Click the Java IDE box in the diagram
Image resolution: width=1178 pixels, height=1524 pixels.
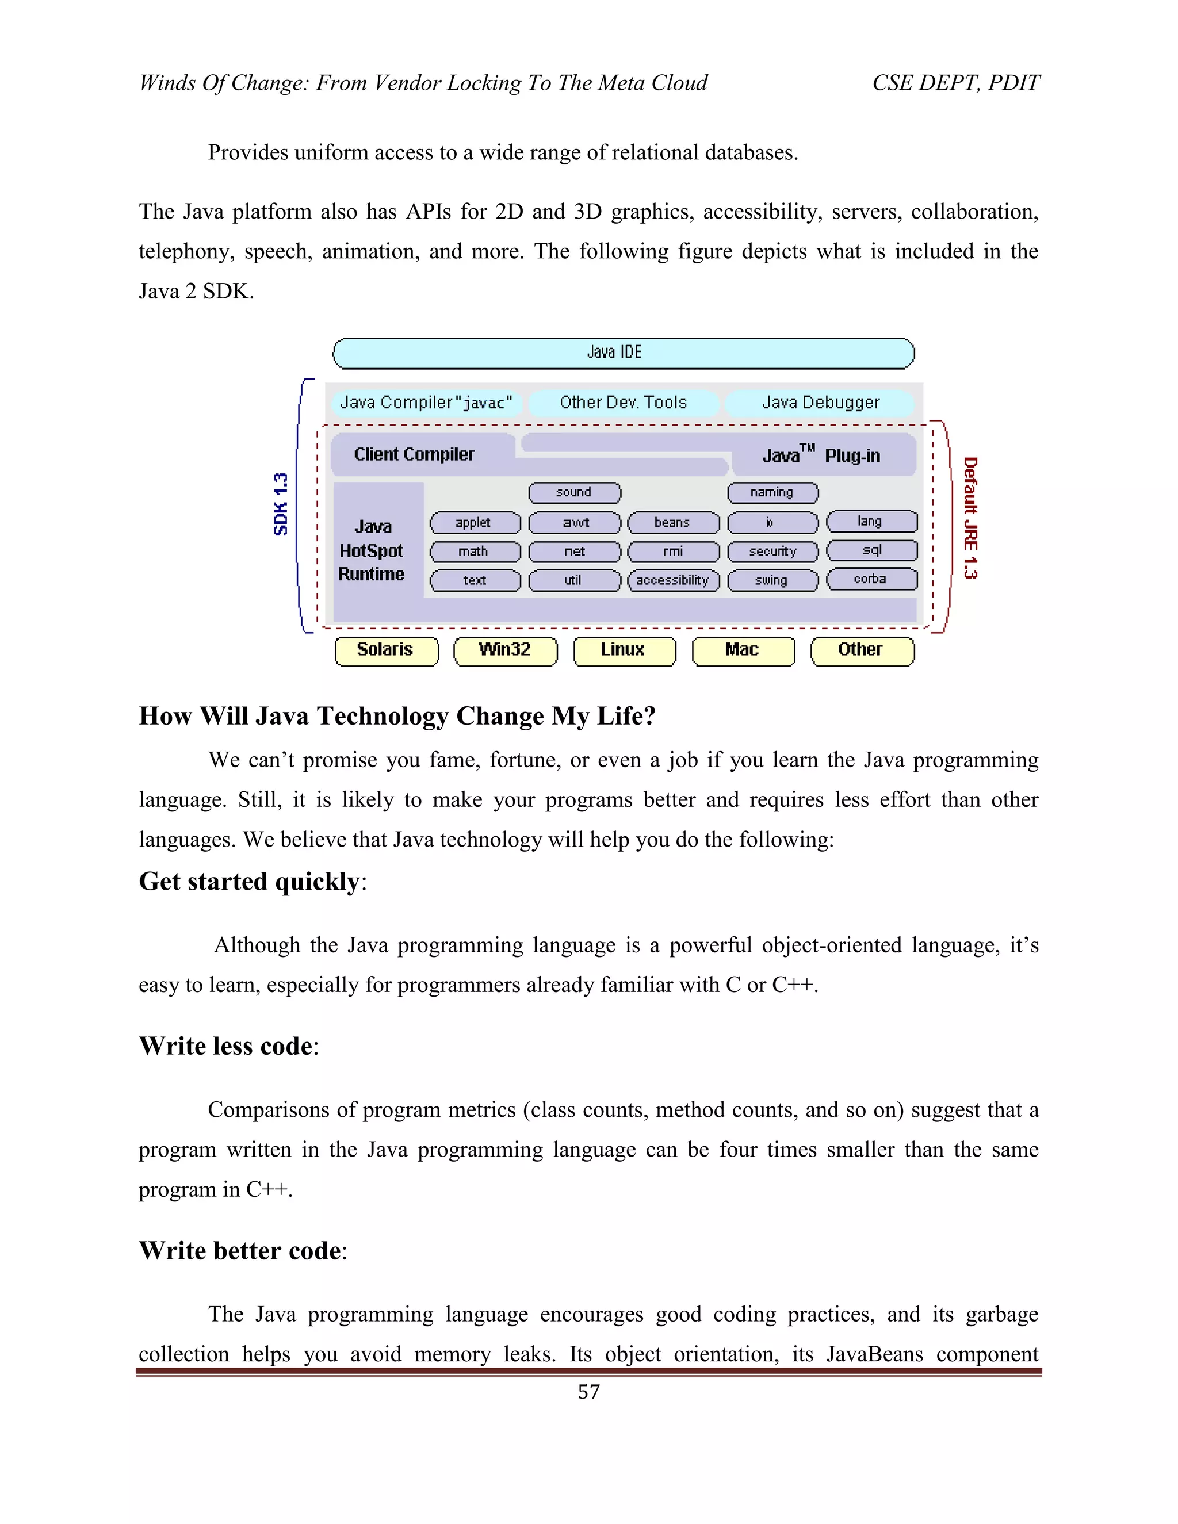pos(623,353)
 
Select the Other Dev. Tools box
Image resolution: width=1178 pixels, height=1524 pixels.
pos(623,403)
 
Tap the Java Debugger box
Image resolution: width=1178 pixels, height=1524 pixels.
pos(820,403)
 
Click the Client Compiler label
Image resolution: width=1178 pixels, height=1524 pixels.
pos(414,454)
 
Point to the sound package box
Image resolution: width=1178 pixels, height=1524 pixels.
pos(575,493)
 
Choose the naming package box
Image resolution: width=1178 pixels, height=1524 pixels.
pos(772,493)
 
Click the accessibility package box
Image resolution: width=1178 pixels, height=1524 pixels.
pos(673,581)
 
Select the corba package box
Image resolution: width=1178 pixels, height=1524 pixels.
pos(871,579)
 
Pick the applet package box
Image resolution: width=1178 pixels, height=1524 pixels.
pos(475,523)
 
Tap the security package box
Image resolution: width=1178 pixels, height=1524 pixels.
pos(772,552)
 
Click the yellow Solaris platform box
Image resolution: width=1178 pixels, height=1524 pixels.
pos(386,650)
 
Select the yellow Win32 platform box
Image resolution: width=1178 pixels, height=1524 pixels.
pos(505,650)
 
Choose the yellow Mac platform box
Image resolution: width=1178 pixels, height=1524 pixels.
pos(743,650)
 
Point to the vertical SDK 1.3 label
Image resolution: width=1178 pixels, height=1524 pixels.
pos(281,504)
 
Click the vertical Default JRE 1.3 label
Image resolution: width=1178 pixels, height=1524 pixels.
pos(970,518)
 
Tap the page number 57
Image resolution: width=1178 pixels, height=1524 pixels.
pos(588,1406)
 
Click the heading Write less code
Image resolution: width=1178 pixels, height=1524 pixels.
pos(226,1046)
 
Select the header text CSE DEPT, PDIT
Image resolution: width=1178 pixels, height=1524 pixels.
pos(955,83)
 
